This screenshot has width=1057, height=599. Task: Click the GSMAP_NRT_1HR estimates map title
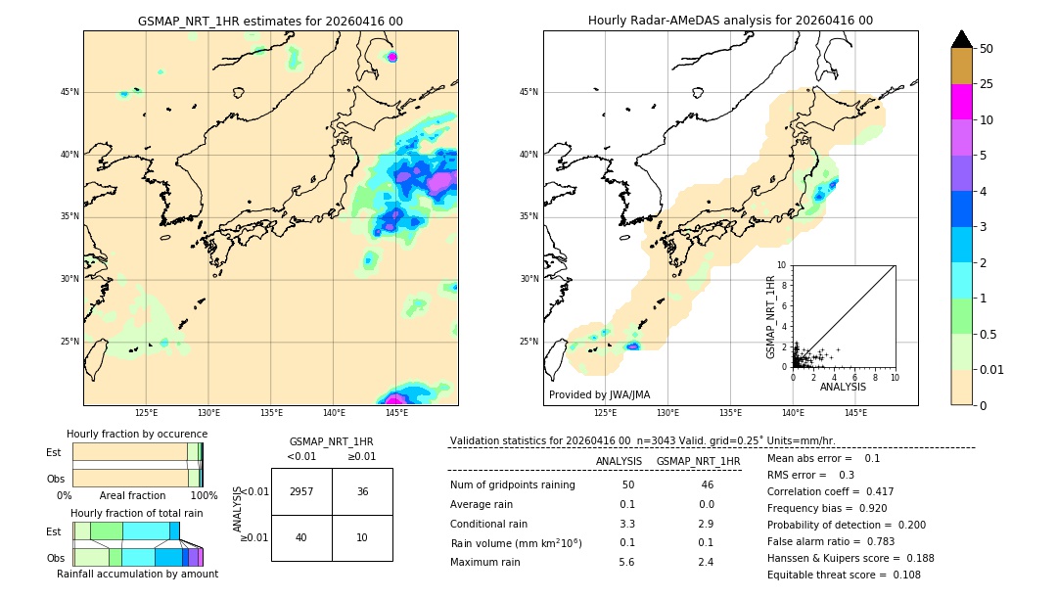pyautogui.click(x=270, y=21)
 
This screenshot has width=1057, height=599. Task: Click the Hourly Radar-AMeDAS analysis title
pyautogui.click(x=730, y=21)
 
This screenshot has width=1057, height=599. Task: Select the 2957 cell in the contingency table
pyautogui.click(x=301, y=491)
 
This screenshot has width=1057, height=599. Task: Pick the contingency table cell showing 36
pyautogui.click(x=362, y=491)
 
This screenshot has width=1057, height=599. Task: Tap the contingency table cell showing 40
pyautogui.click(x=301, y=537)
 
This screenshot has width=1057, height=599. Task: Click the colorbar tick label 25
pyautogui.click(x=988, y=84)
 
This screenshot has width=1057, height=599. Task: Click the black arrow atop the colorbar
pyautogui.click(x=962, y=39)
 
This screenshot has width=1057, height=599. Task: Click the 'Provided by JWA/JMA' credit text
pyautogui.click(x=599, y=395)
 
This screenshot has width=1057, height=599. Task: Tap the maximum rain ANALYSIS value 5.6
pyautogui.click(x=627, y=562)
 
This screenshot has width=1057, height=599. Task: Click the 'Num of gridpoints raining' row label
pyautogui.click(x=512, y=485)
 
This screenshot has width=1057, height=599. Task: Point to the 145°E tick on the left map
pyautogui.click(x=396, y=414)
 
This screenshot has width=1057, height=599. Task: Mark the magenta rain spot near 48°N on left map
pyautogui.click(x=392, y=57)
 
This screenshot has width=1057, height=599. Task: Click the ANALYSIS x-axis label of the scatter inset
pyautogui.click(x=843, y=387)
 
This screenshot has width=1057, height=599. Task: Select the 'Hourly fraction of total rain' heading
pyautogui.click(x=137, y=513)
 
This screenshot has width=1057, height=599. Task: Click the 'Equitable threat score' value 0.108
pyautogui.click(x=884, y=575)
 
